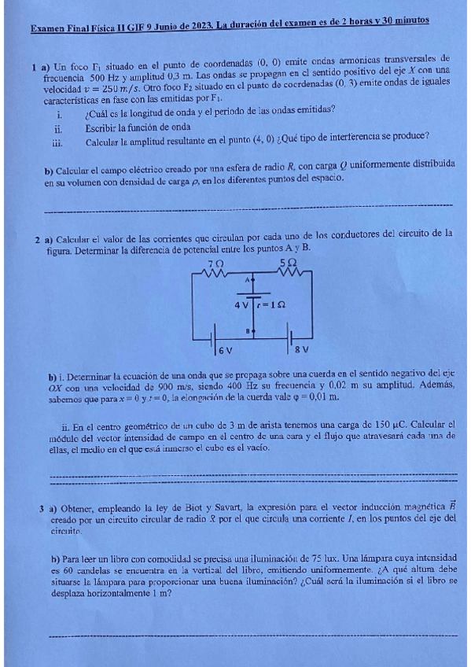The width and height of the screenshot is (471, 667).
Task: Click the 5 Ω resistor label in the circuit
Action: click(288, 263)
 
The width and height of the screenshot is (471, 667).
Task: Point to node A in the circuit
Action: click(247, 279)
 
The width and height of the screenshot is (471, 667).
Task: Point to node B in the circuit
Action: click(247, 331)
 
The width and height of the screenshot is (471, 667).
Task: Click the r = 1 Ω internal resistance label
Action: click(272, 304)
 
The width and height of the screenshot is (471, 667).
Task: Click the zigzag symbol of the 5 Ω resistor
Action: click(289, 273)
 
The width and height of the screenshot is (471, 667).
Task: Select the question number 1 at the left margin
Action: click(35, 68)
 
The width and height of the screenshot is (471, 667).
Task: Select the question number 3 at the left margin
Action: click(41, 507)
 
